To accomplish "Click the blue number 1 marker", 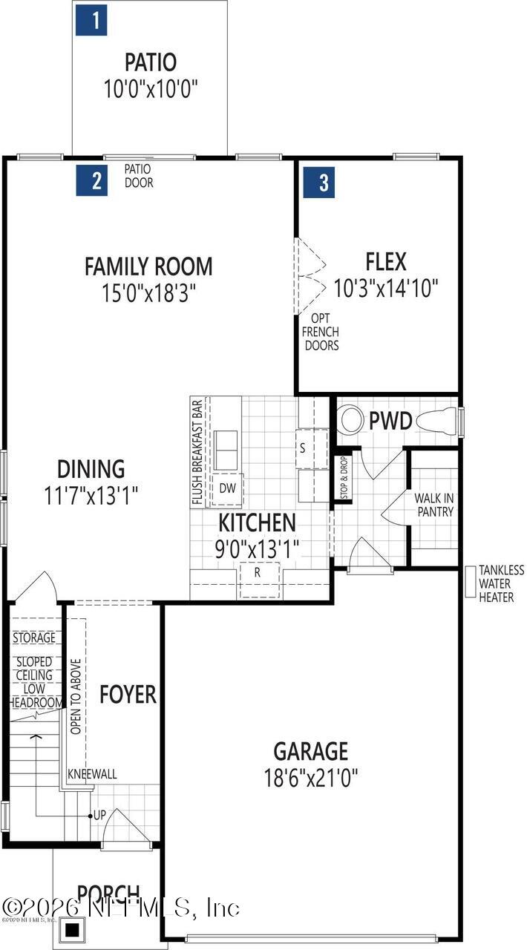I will click(x=91, y=20).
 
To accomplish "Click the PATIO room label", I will click(x=151, y=61).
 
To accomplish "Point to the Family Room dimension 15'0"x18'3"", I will click(x=148, y=293).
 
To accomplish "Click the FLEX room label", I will click(x=386, y=261).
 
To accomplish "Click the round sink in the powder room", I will click(x=350, y=420).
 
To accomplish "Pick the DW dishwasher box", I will click(x=227, y=488).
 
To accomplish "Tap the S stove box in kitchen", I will click(x=303, y=448).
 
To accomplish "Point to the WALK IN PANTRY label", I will click(x=434, y=505).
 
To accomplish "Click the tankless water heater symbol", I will click(x=470, y=582).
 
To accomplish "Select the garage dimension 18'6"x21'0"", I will click(x=311, y=778).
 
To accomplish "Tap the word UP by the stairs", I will click(x=99, y=815).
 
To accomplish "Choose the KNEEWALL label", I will click(x=92, y=774).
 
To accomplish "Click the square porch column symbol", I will click(x=73, y=928).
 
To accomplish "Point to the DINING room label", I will click(x=91, y=469).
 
